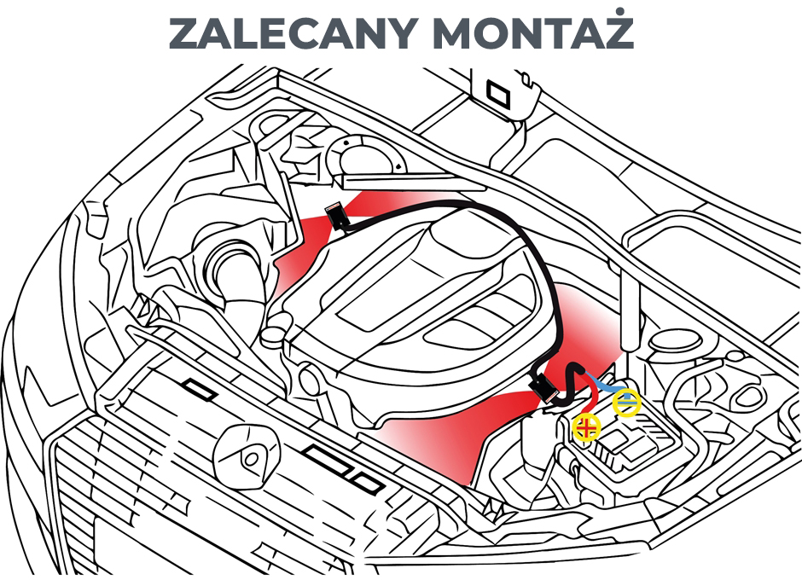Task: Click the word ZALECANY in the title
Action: pyautogui.click(x=291, y=34)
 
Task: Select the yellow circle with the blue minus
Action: pyautogui.click(x=627, y=402)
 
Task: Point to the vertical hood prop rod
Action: pyautogui.click(x=631, y=308)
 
